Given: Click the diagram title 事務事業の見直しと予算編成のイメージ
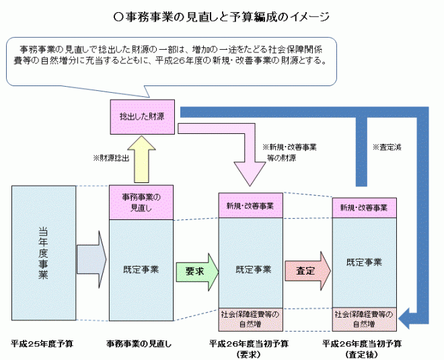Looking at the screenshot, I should pyautogui.click(x=221, y=13).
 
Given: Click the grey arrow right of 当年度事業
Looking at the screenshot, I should pyautogui.click(x=91, y=259).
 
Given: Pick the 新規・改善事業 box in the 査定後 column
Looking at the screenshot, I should pyautogui.click(x=364, y=208).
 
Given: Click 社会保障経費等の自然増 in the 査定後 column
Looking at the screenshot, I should pyautogui.click(x=364, y=319).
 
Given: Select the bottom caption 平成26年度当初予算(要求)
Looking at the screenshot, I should pyautogui.click(x=249, y=348).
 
